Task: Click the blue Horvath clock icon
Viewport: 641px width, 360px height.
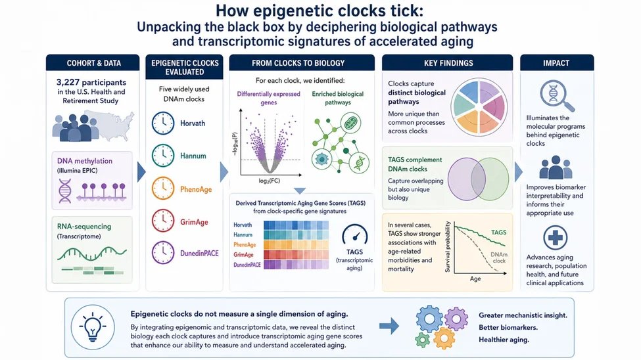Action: click(x=162, y=123)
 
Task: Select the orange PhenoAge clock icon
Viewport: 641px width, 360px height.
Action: click(x=162, y=188)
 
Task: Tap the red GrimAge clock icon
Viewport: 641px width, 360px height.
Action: click(x=162, y=221)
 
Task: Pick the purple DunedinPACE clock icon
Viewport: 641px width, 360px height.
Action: click(x=162, y=252)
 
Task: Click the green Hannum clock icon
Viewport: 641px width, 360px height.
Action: click(x=162, y=155)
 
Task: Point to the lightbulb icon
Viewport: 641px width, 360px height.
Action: click(x=93, y=327)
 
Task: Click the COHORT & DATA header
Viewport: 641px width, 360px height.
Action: click(x=93, y=63)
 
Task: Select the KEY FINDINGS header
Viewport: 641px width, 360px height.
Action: click(x=448, y=63)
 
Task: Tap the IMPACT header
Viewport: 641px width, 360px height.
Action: click(x=556, y=63)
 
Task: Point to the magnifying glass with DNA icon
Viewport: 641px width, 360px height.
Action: click(x=556, y=96)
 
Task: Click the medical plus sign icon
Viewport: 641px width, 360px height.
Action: click(x=555, y=238)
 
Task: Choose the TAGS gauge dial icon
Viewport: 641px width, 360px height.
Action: click(x=354, y=235)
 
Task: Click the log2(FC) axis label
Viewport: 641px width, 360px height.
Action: click(x=270, y=181)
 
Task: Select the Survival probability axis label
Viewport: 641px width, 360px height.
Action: click(x=448, y=247)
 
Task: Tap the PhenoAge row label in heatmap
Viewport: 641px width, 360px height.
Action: click(x=245, y=245)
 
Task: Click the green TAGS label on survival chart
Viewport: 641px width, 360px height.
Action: click(x=498, y=232)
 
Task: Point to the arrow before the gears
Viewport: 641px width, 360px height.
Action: click(x=389, y=326)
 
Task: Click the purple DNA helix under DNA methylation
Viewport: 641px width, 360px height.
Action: click(x=65, y=191)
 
